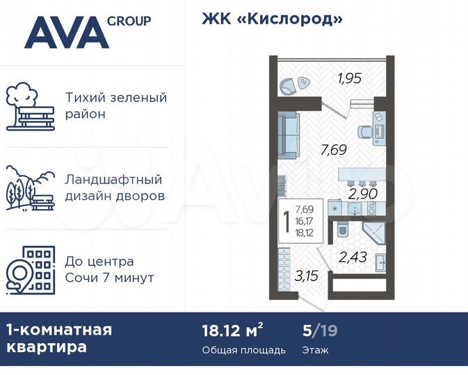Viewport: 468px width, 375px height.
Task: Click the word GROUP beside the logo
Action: (129, 21)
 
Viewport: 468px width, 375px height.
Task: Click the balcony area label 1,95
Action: (350, 78)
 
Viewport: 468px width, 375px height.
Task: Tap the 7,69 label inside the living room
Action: (333, 148)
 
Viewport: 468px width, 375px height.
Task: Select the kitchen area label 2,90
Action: (363, 193)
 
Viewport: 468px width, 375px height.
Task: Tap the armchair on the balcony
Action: (288, 85)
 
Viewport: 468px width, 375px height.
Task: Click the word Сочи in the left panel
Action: (82, 278)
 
